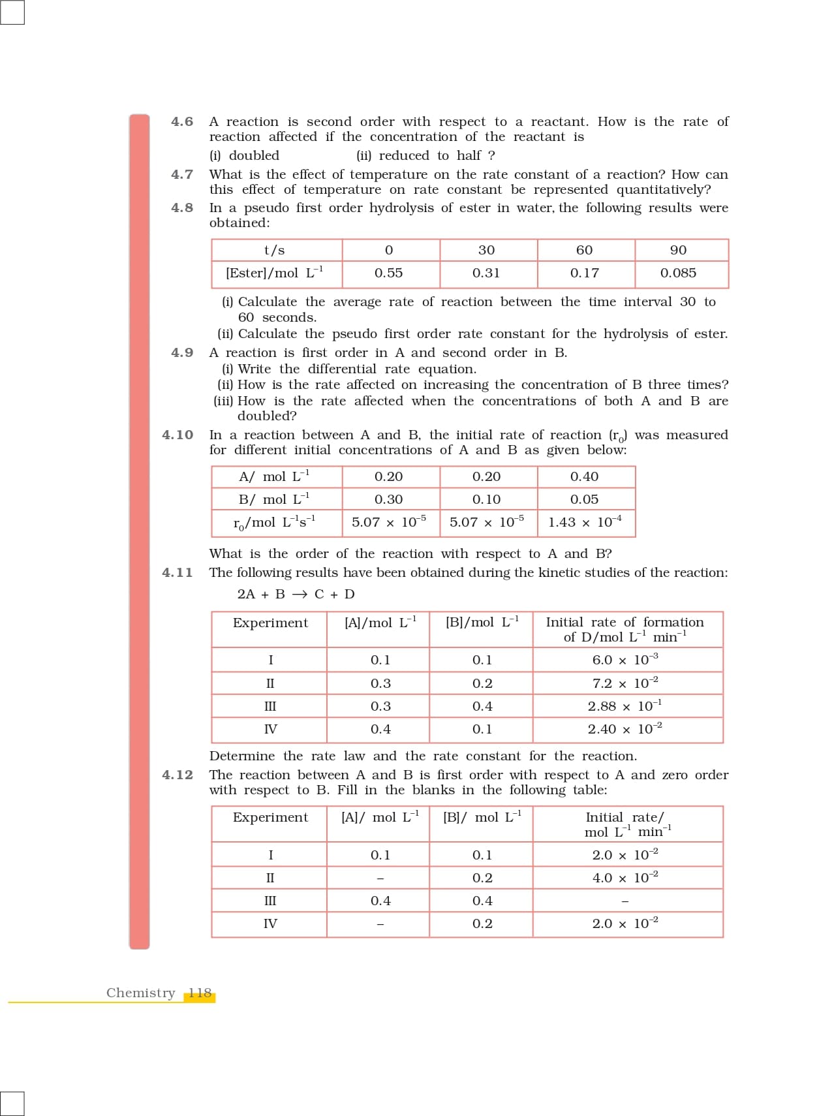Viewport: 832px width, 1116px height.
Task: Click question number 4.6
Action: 182,122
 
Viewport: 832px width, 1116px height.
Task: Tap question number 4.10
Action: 177,435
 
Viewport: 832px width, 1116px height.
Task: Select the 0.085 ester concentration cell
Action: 678,273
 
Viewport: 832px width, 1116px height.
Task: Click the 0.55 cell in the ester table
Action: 388,273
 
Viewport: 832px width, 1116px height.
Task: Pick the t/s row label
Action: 274,251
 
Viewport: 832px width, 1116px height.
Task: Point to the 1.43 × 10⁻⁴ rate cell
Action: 585,522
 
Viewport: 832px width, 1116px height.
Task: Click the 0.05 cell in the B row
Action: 584,500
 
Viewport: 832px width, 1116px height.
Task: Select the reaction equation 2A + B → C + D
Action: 296,595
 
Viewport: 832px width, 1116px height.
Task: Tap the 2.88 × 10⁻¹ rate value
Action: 624,706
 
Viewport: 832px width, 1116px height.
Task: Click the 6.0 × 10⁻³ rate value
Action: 624,660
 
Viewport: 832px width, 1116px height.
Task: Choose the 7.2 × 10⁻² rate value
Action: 624,683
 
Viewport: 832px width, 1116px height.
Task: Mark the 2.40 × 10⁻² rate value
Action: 624,729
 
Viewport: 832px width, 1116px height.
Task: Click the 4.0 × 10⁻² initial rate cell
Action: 624,878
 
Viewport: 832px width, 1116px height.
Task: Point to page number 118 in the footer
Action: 200,993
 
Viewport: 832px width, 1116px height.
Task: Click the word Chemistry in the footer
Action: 140,993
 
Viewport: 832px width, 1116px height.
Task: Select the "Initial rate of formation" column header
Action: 624,630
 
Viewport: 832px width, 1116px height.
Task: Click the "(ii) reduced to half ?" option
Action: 425,156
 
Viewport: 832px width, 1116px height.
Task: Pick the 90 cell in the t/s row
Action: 678,251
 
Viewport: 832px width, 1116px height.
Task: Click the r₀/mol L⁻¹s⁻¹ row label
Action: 274,523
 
